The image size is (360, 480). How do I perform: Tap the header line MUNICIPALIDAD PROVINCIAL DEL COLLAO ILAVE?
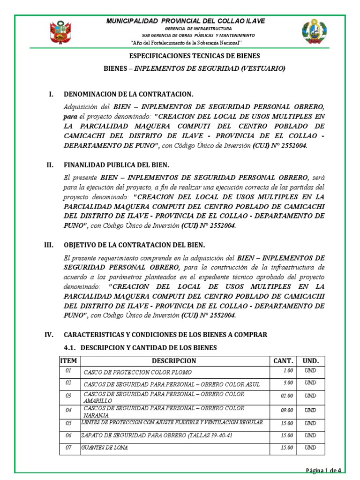coord(186,21)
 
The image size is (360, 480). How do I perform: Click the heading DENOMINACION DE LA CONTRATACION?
coord(128,94)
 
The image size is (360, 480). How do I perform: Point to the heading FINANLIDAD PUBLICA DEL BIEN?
coord(116,165)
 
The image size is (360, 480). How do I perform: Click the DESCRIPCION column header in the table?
coord(174,361)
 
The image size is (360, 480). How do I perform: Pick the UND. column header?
coord(310,361)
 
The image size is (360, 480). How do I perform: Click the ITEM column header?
coord(68,361)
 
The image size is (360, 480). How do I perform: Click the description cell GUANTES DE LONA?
coord(105,448)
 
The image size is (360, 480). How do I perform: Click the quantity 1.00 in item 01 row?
coord(287,370)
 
